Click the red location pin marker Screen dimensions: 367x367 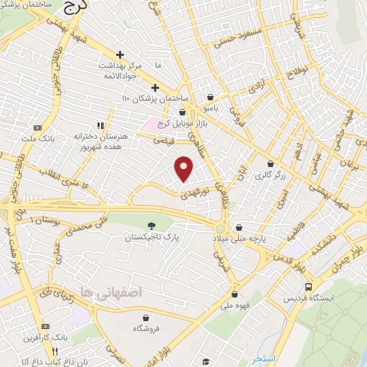[x=184, y=168]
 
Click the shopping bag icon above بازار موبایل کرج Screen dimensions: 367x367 [x=182, y=112]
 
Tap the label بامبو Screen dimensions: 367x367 [x=209, y=109]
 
